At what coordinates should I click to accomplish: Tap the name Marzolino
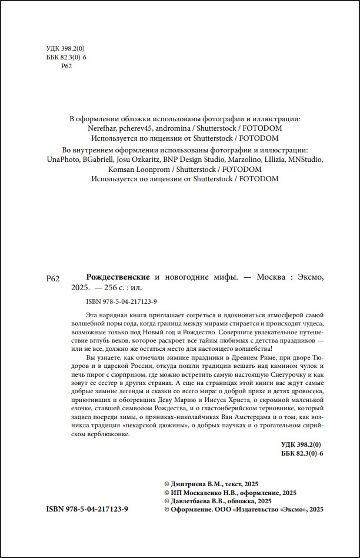(x=255, y=160)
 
